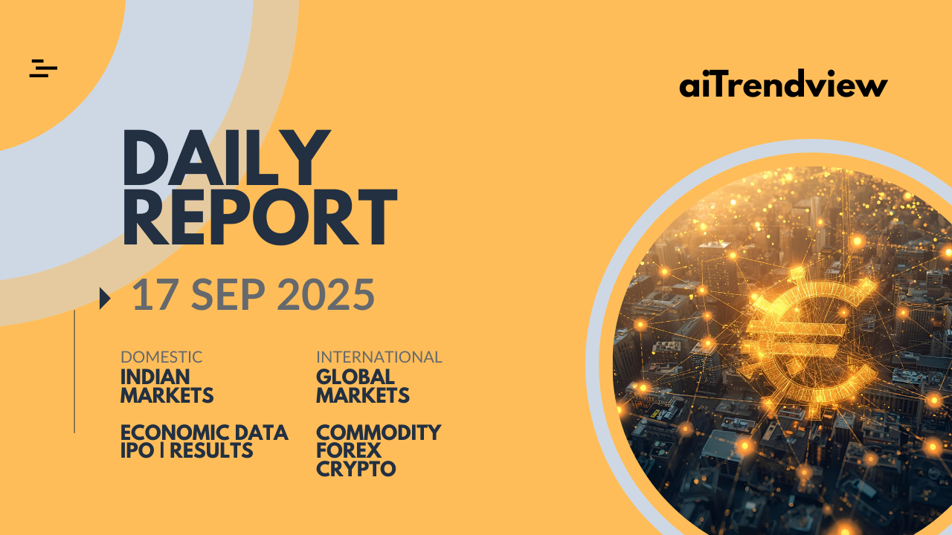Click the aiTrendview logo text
pyautogui.click(x=783, y=83)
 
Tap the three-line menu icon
pyautogui.click(x=43, y=68)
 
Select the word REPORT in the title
pyautogui.click(x=260, y=216)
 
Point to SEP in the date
pyautogui.click(x=228, y=294)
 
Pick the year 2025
pyautogui.click(x=326, y=294)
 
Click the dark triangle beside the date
pyautogui.click(x=105, y=298)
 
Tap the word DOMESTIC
pyautogui.click(x=161, y=357)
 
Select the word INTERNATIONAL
pyautogui.click(x=379, y=357)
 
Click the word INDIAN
pyautogui.click(x=155, y=377)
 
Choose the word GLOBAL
pyautogui.click(x=356, y=377)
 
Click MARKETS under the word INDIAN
pyautogui.click(x=167, y=395)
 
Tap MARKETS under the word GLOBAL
pyautogui.click(x=363, y=395)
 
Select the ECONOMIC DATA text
pyautogui.click(x=205, y=432)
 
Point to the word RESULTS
pyautogui.click(x=211, y=450)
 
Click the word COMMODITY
pyautogui.click(x=379, y=432)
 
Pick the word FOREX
pyautogui.click(x=349, y=450)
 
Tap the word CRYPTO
pyautogui.click(x=356, y=469)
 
